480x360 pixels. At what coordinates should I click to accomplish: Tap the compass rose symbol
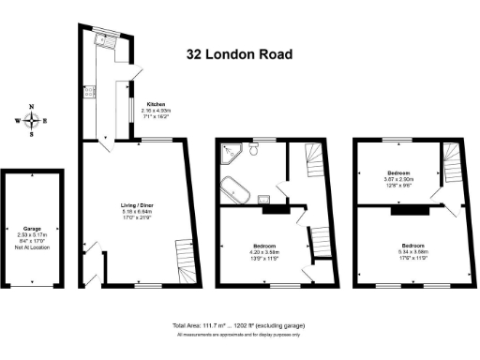pyautogui.click(x=33, y=120)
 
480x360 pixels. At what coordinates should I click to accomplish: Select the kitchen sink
pyautogui.click(x=99, y=42)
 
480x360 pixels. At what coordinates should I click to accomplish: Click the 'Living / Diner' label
pyautogui.click(x=138, y=204)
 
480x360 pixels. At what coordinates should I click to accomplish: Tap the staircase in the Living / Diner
pyautogui.click(x=182, y=258)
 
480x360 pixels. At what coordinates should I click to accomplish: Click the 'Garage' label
pyautogui.click(x=32, y=228)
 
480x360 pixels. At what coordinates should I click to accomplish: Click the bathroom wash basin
pyautogui.click(x=265, y=198)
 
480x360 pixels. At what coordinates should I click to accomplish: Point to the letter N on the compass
pyautogui.click(x=33, y=107)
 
